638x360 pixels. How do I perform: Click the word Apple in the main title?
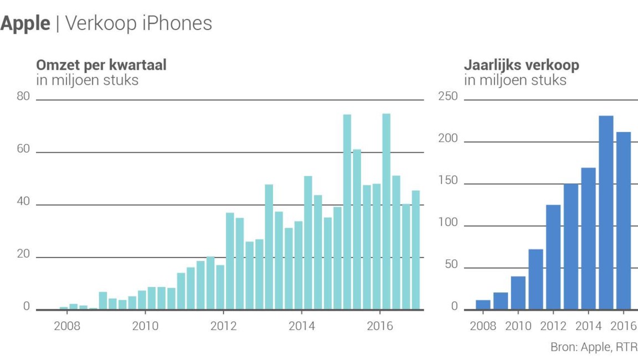(25, 23)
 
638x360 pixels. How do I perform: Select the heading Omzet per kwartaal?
(101, 65)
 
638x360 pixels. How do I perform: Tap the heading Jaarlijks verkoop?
(521, 65)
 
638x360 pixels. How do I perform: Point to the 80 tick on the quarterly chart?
(23, 97)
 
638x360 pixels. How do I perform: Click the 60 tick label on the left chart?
(23, 150)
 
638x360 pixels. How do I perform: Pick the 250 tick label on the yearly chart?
(448, 97)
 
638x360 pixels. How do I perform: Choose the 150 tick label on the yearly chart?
(448, 181)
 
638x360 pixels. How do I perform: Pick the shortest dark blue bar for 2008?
(483, 304)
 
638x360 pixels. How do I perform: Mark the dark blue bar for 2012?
(553, 257)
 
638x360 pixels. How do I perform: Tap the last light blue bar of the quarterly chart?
(415, 250)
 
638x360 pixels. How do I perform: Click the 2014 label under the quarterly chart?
(301, 326)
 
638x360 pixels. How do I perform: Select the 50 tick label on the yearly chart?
(451, 265)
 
